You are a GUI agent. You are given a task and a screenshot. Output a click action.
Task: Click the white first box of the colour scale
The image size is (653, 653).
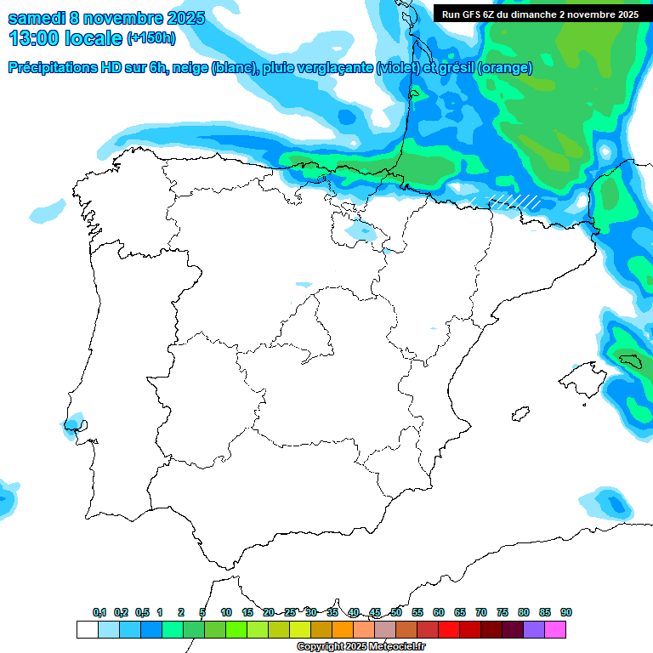(x=87, y=629)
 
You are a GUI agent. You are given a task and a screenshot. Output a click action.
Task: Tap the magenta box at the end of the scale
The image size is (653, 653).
(x=555, y=629)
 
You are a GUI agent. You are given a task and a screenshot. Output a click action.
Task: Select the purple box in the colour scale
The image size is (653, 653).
(x=534, y=629)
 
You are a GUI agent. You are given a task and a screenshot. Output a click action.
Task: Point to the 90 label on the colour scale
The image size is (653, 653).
(x=566, y=612)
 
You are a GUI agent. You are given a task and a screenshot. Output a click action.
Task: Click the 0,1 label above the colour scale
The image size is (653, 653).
(x=99, y=612)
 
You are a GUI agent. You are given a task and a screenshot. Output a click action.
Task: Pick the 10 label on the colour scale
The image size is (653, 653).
(x=226, y=612)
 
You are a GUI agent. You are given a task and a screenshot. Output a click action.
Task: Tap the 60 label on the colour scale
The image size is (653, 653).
(x=439, y=612)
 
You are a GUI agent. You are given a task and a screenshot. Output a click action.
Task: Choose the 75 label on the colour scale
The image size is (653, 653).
(x=503, y=612)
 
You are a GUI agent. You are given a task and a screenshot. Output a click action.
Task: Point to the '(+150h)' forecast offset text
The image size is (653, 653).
(x=151, y=38)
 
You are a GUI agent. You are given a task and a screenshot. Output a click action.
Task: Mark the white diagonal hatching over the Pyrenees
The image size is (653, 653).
(x=514, y=202)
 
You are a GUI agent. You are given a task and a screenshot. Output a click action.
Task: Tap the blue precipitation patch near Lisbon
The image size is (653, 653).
(x=75, y=423)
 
